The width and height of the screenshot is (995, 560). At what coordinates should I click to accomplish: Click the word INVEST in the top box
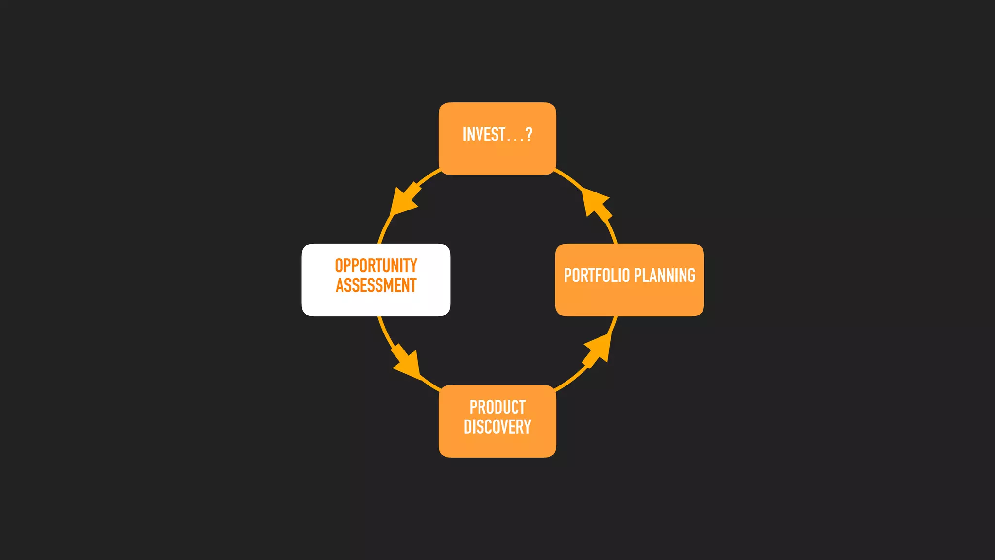pyautogui.click(x=484, y=135)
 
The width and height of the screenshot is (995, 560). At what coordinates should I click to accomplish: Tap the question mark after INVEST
pyautogui.click(x=529, y=135)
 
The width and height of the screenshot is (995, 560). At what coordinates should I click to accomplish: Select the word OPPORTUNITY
pyautogui.click(x=376, y=266)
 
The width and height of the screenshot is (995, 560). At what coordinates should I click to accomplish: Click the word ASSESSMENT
pyautogui.click(x=376, y=285)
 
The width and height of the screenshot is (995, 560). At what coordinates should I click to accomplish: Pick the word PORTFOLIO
pyautogui.click(x=597, y=276)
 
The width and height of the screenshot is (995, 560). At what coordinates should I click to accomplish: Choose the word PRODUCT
pyautogui.click(x=497, y=407)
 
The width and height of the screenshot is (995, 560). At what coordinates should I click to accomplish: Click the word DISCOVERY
pyautogui.click(x=497, y=427)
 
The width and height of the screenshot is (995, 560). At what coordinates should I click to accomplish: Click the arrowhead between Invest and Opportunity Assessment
pyautogui.click(x=404, y=199)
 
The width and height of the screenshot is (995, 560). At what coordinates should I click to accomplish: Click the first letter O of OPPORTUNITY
pyautogui.click(x=339, y=266)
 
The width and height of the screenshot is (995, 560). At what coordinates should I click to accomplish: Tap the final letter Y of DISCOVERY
pyautogui.click(x=527, y=427)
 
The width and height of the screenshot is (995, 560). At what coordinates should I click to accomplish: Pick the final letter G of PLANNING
pyautogui.click(x=691, y=276)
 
